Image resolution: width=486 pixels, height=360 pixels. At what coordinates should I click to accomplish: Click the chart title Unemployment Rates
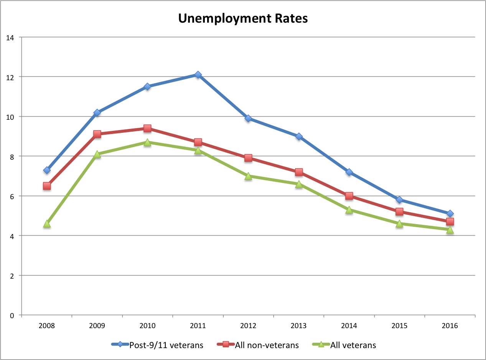[243, 18]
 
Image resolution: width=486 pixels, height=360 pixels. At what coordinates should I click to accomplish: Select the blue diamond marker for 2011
[198, 74]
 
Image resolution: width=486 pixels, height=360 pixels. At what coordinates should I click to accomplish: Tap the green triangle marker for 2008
[47, 224]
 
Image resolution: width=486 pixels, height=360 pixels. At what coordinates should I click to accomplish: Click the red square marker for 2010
[147, 128]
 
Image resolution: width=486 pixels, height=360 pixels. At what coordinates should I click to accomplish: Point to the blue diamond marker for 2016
[450, 214]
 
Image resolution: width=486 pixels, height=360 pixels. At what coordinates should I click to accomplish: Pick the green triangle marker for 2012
[248, 176]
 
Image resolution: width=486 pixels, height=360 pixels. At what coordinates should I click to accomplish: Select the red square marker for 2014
[349, 196]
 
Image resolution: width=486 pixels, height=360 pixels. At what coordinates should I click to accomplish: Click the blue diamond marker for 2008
[47, 170]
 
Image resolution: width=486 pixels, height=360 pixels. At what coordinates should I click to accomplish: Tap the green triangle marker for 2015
[399, 224]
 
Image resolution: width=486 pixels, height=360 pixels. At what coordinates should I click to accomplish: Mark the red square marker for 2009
[97, 134]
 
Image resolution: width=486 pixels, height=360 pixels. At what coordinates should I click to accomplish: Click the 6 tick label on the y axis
[12, 196]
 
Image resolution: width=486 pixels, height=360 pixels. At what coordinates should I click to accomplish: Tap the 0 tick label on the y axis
[12, 315]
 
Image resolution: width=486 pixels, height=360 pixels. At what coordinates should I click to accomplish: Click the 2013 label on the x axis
[298, 326]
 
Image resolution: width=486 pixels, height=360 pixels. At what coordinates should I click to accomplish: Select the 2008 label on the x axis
[47, 326]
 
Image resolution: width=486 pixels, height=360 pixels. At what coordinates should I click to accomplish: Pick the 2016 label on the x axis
[450, 326]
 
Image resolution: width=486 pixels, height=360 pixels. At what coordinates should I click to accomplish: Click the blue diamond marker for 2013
[298, 136]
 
